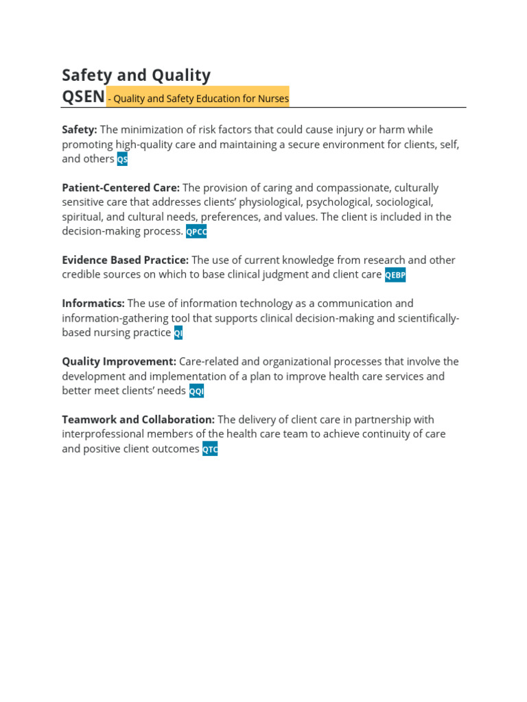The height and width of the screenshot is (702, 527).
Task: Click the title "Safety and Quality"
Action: [x=136, y=75]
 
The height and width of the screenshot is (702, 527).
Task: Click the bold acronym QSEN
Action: [x=83, y=97]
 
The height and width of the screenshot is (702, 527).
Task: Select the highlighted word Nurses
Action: [x=273, y=99]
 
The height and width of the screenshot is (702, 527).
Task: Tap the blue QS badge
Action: [x=122, y=159]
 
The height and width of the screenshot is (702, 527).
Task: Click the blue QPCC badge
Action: [x=196, y=232]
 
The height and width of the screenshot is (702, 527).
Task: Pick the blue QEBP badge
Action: [x=395, y=275]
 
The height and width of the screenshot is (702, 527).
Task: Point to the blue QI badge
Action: [x=178, y=333]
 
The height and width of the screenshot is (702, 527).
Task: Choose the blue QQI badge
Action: [x=196, y=391]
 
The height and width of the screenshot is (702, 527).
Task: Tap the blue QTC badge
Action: [x=210, y=450]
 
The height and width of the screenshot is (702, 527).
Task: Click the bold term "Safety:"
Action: [x=80, y=130]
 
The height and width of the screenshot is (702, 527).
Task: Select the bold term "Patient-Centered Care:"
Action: [x=121, y=188]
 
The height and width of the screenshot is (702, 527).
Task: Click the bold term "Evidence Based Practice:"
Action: [x=125, y=261]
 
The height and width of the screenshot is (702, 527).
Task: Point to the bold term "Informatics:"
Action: [x=93, y=304]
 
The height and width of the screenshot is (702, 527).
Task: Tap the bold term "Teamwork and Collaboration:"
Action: [x=138, y=420]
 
